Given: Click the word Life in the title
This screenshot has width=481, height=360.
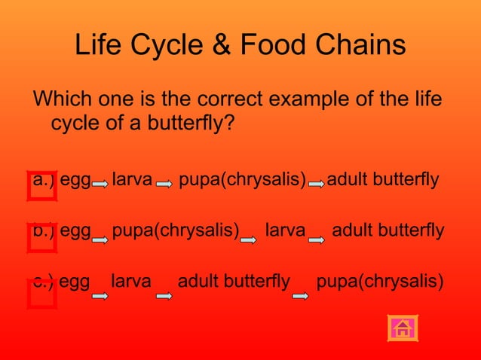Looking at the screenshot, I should [x=99, y=46].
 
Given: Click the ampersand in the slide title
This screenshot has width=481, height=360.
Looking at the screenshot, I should [x=219, y=46].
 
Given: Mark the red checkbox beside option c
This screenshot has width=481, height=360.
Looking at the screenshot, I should [x=41, y=294].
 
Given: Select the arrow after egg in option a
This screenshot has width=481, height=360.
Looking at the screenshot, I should [x=100, y=183].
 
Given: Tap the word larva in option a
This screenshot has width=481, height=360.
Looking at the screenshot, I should [x=132, y=181].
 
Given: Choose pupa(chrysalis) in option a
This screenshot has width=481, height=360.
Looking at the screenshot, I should [x=242, y=181].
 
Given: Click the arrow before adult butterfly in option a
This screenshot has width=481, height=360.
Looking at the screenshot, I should [x=317, y=183].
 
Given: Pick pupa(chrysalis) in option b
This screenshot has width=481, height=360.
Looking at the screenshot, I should [x=176, y=230].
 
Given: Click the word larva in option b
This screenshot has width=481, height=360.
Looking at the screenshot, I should [x=285, y=230].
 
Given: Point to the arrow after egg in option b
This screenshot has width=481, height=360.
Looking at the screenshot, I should [x=100, y=239].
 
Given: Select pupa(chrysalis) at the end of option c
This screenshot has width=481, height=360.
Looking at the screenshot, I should [x=380, y=282].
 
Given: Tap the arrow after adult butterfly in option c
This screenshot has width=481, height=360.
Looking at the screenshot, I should [x=300, y=296].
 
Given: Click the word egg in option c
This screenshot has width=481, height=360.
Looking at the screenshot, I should [x=75, y=282].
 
